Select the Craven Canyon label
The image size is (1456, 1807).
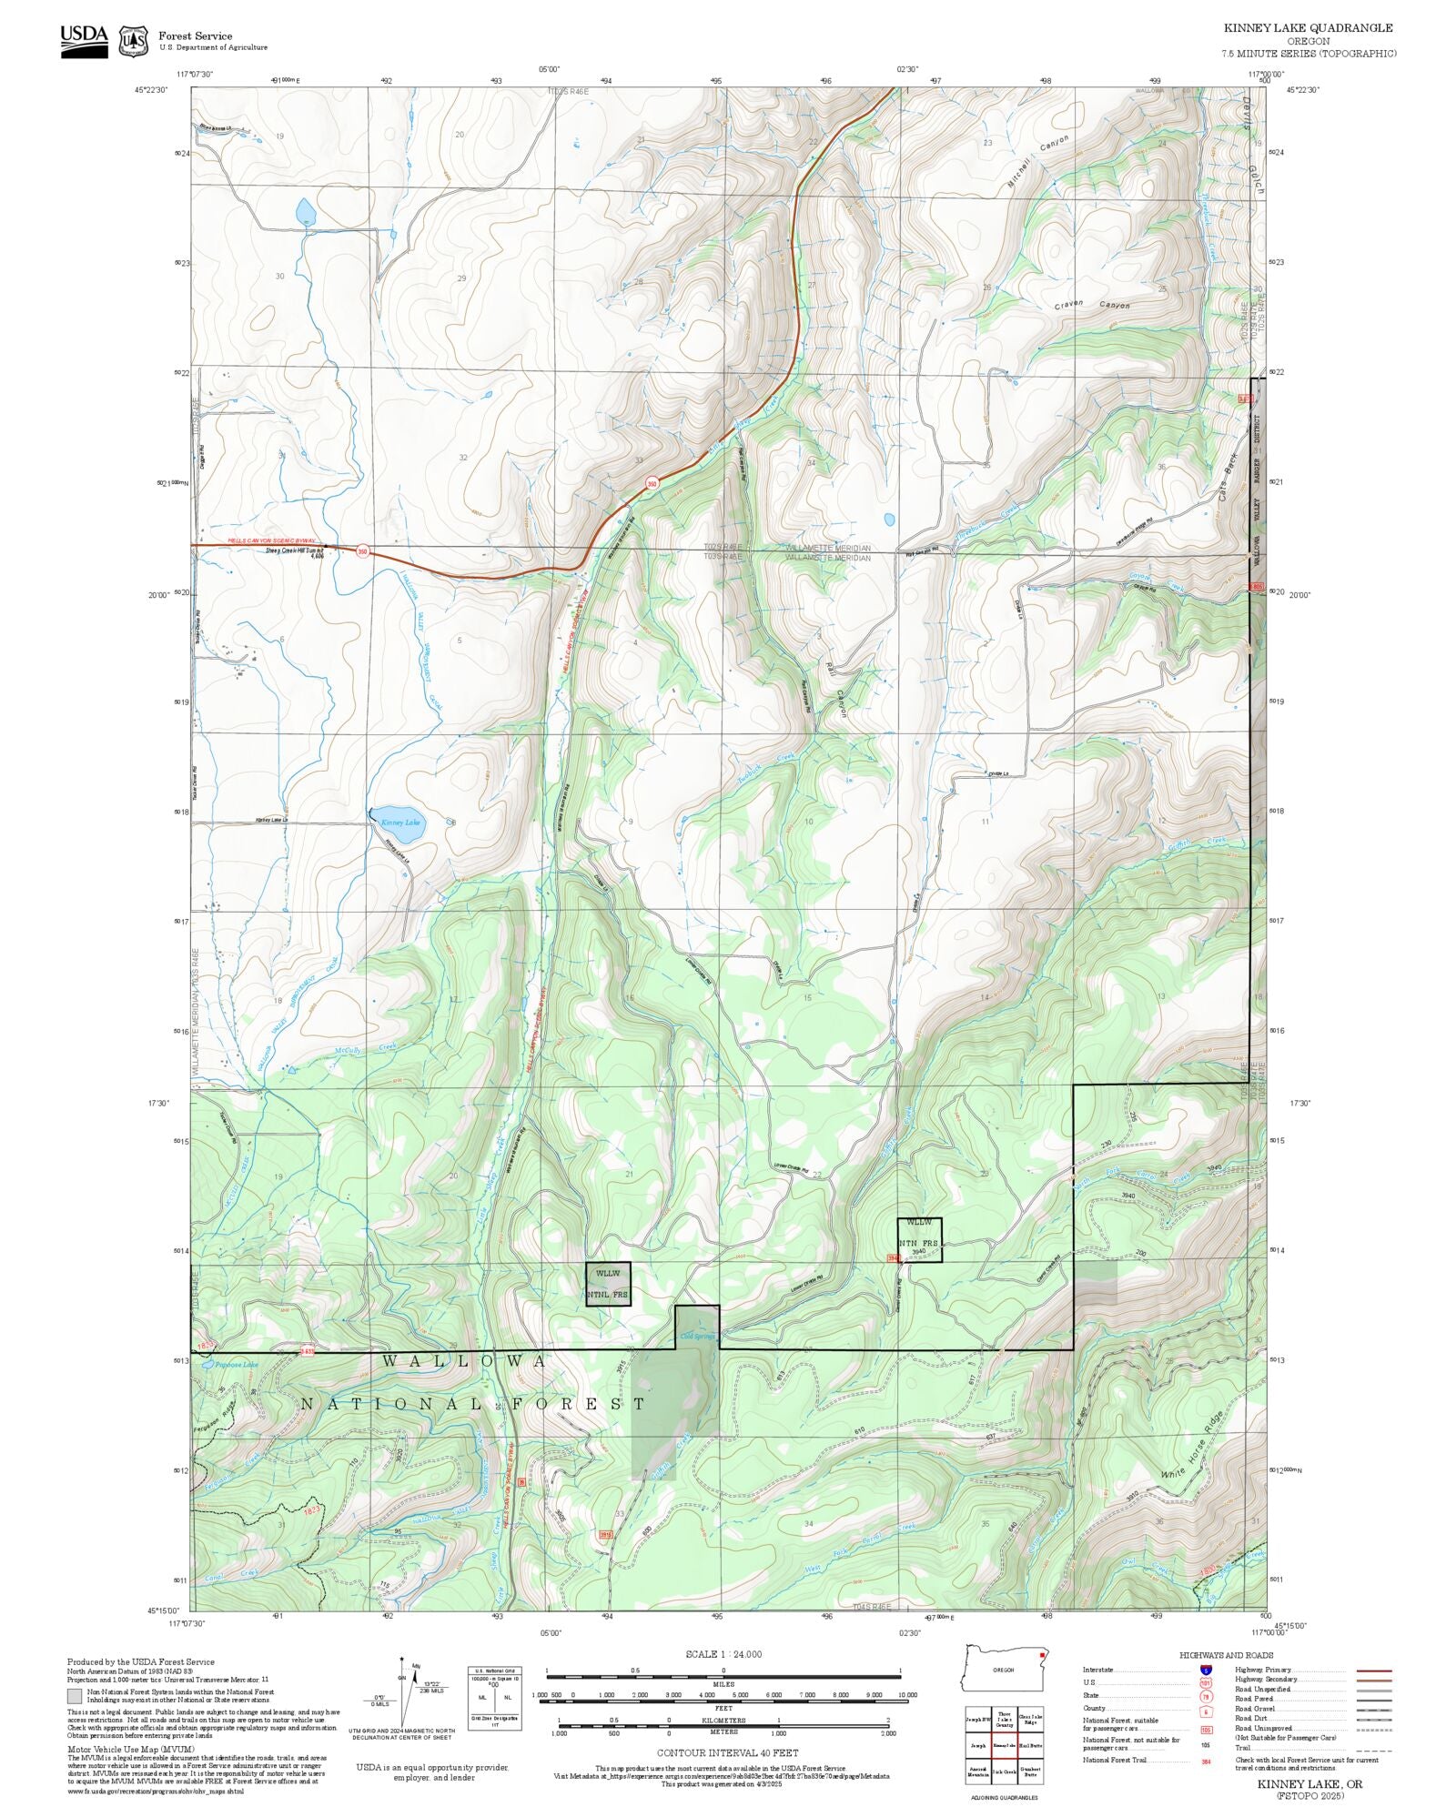click(x=1092, y=306)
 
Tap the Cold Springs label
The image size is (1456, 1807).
click(x=698, y=1337)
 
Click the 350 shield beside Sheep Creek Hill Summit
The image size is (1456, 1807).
click(x=362, y=551)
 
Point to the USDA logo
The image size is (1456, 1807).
click(x=84, y=39)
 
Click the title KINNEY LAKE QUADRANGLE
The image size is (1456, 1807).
click(x=1308, y=28)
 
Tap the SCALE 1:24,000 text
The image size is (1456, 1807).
click(x=723, y=1654)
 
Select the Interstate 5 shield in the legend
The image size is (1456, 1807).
click(x=1206, y=1671)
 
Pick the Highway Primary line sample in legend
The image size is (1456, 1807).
click(x=1373, y=1671)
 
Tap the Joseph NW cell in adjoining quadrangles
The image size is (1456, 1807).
click(x=978, y=1719)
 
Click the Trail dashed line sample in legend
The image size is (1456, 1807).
click(x=1373, y=1748)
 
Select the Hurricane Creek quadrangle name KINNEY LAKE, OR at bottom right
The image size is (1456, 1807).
click(x=1309, y=1784)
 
